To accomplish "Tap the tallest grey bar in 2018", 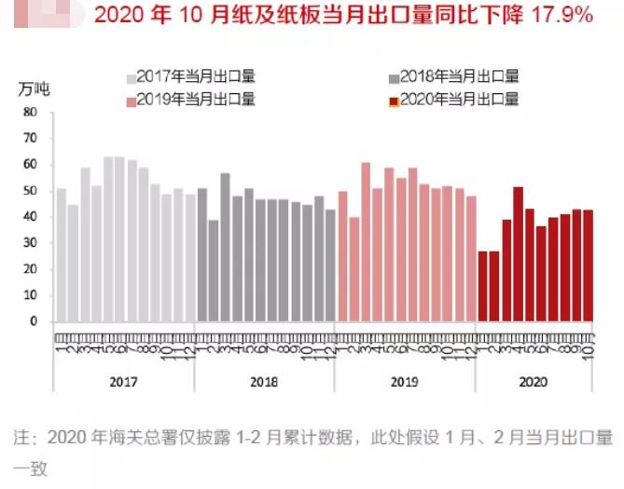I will (x=225, y=247).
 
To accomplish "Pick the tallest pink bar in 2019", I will (x=366, y=242).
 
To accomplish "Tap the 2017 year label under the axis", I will (x=123, y=382).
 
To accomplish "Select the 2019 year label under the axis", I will (x=405, y=382).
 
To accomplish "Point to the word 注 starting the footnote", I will (x=20, y=437).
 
